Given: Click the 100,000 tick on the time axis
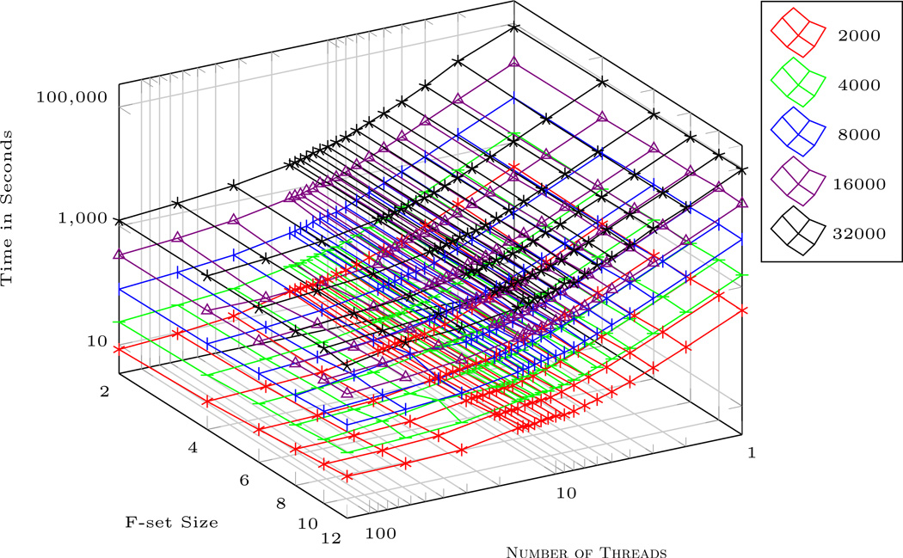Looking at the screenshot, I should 72,97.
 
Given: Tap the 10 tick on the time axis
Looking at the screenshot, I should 96,340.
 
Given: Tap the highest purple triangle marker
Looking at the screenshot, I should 514,63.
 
